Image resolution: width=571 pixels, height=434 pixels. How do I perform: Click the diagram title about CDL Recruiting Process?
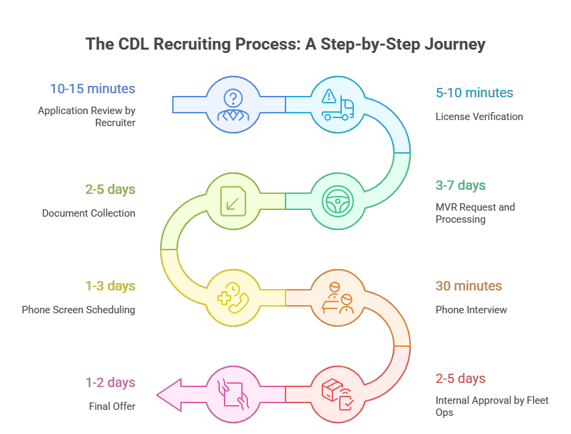click(285, 45)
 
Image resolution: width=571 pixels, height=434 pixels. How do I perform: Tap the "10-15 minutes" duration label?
click(92, 89)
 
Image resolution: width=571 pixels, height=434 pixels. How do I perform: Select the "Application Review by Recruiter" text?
click(86, 117)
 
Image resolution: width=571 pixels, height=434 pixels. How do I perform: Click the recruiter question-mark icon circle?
click(233, 104)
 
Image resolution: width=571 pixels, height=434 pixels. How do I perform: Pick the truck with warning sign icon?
click(339, 104)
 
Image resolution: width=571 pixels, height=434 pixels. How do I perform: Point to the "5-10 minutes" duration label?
click(474, 93)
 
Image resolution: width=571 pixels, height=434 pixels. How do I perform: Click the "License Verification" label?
click(479, 117)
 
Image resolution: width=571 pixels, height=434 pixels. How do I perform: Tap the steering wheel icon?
click(339, 201)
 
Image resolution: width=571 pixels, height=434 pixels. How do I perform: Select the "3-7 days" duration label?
click(460, 185)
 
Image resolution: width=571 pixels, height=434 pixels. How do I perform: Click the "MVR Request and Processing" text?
click(475, 213)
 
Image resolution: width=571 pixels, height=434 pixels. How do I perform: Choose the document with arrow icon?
click(233, 201)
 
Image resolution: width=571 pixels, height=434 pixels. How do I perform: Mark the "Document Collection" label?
click(88, 213)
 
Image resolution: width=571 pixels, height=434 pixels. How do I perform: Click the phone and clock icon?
click(233, 297)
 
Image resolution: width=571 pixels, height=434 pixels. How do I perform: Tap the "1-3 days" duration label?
click(110, 286)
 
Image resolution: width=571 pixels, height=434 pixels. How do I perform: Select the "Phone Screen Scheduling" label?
click(78, 310)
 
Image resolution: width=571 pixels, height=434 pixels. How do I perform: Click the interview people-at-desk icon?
click(339, 297)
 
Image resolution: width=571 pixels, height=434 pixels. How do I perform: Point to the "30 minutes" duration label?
click(468, 286)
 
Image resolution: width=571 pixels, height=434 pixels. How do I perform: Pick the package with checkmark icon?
click(339, 394)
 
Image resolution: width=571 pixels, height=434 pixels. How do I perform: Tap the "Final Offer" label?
click(112, 406)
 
